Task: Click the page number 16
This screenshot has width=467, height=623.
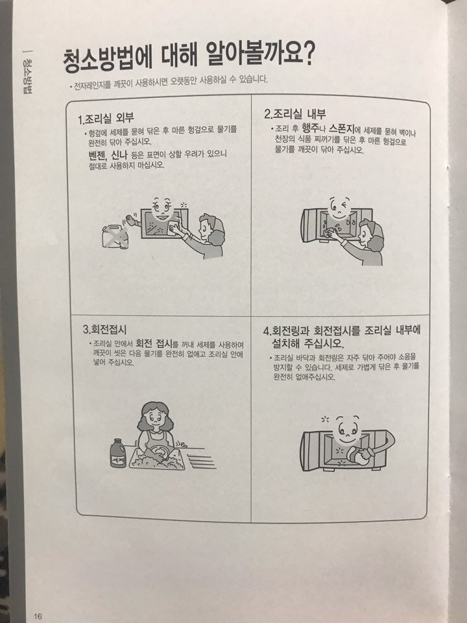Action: pos(38,615)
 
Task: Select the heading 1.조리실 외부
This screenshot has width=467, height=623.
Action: pos(106,119)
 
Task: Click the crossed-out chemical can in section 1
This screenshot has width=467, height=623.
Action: pos(115,235)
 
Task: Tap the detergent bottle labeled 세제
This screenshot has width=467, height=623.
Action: pos(119,454)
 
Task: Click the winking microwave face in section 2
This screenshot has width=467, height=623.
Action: pos(337,209)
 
